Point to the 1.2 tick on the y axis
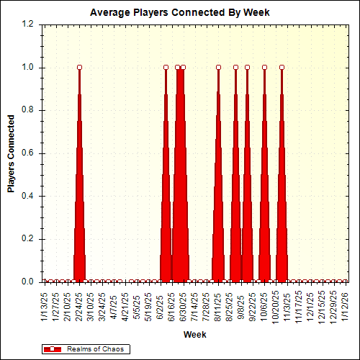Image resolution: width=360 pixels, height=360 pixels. coord(28,24)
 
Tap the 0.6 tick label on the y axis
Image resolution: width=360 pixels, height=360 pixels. coord(28,153)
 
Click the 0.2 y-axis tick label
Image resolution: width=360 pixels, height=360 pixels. coord(28,239)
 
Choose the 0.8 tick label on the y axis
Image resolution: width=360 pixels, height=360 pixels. coord(28,110)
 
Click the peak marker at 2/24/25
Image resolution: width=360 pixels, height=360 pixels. coord(79,68)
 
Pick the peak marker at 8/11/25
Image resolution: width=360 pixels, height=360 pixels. coord(218,68)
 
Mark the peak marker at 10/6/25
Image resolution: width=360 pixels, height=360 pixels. coord(264,68)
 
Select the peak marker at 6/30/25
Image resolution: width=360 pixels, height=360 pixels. coord(183,68)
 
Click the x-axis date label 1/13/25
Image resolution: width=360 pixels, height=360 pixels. coord(45,306)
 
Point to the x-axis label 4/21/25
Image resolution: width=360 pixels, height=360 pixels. coord(125,306)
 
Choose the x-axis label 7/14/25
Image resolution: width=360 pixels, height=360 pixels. coord(195,306)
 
